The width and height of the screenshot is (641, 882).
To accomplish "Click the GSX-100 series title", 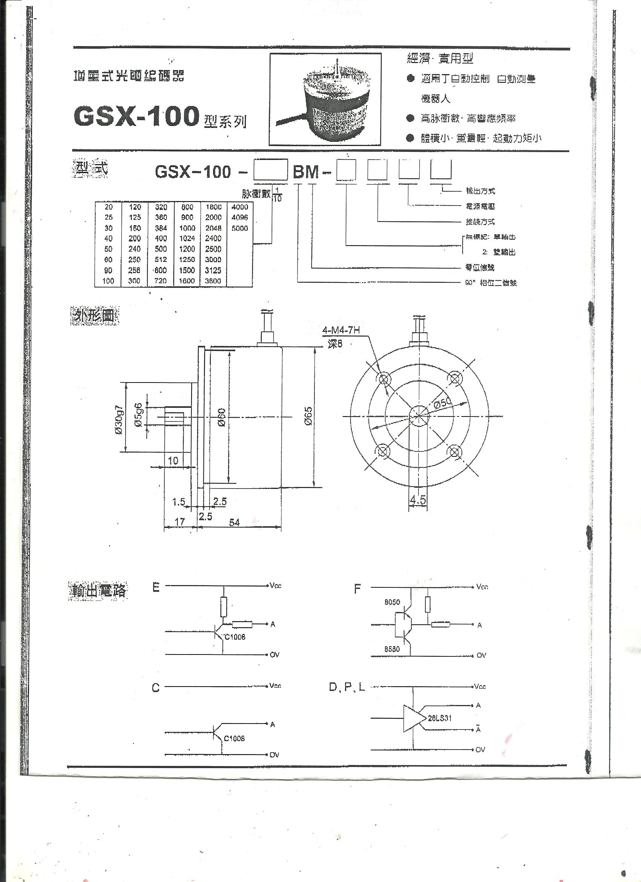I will click(136, 116).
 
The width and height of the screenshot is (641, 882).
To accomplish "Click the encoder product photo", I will click(325, 100).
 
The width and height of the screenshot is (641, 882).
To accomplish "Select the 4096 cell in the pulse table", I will click(239, 217).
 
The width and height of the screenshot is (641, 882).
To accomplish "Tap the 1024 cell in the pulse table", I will click(187, 238).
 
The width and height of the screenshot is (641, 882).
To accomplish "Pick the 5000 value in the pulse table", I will click(239, 228).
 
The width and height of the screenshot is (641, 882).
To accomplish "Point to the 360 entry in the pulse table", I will click(161, 217).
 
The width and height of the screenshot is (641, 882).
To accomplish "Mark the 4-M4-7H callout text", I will click(341, 330).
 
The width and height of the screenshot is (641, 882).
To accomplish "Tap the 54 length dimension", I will click(235, 522).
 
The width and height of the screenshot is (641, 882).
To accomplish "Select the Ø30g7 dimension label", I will click(119, 420).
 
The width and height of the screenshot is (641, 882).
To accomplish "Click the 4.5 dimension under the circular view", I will click(418, 499).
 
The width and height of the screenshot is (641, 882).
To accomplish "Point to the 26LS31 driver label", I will click(440, 718).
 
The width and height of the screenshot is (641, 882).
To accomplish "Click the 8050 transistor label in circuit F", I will click(392, 602).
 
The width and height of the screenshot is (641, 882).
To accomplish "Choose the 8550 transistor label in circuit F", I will click(392, 648).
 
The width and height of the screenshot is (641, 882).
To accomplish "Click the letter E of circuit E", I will click(156, 588).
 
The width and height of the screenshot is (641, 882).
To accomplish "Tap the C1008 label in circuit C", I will click(235, 738).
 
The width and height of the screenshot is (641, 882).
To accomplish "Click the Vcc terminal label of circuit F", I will click(482, 587).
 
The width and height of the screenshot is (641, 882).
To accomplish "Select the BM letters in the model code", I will click(306, 172).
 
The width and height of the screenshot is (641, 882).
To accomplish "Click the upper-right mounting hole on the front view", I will click(454, 377).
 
